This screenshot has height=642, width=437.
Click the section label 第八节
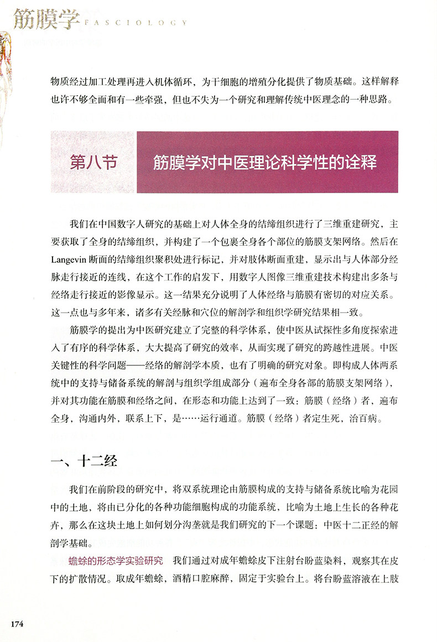pos(93,163)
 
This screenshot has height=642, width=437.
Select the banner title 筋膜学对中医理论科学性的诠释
pos(265,163)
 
